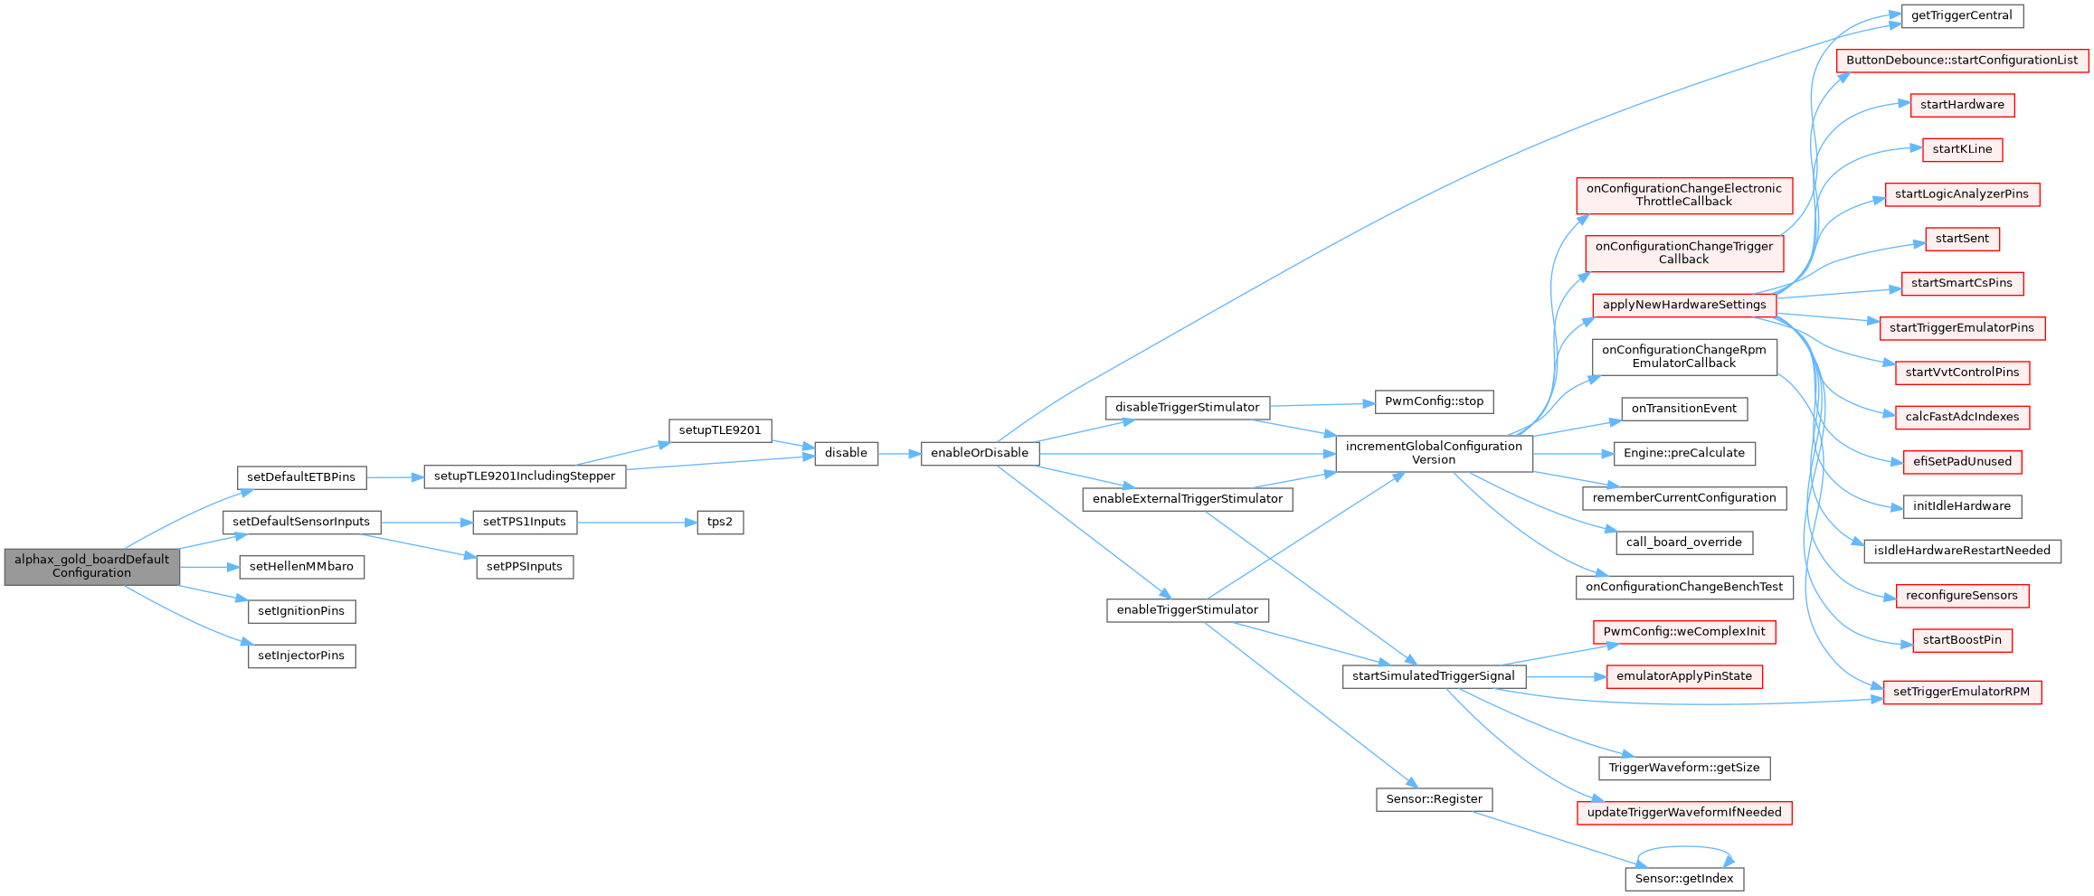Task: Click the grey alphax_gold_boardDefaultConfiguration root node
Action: tap(91, 566)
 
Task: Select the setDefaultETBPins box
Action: tap(301, 477)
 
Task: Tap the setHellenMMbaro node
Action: tap(301, 567)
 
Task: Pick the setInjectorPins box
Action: tap(301, 655)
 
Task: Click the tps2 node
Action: tap(720, 522)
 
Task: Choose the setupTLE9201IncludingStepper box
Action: tap(525, 476)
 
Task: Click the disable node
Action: tap(846, 453)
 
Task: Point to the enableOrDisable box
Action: tap(980, 453)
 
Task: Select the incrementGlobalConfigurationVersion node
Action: tap(1434, 453)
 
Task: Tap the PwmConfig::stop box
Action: tap(1434, 401)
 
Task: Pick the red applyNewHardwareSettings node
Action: tap(1684, 305)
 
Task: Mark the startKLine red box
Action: tap(1962, 149)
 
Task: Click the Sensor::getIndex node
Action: tap(1684, 879)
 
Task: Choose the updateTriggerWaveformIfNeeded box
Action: tap(1684, 812)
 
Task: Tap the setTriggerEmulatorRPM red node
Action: tap(1961, 692)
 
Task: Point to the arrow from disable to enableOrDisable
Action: tap(899, 453)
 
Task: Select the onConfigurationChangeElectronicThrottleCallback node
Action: tap(1684, 195)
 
